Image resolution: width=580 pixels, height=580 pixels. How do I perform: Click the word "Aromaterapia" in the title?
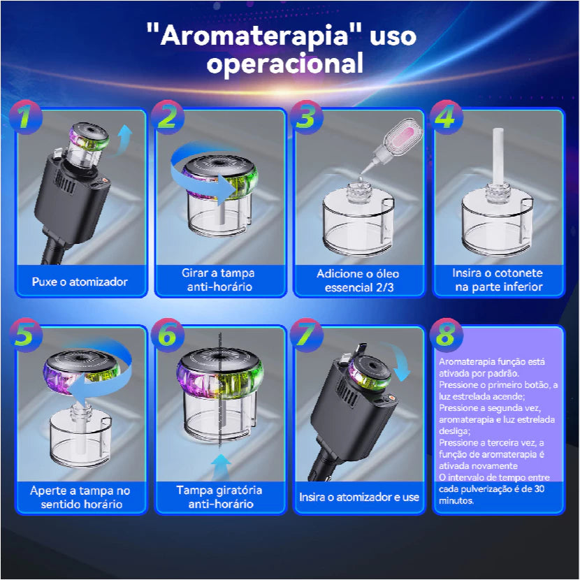tap(254, 36)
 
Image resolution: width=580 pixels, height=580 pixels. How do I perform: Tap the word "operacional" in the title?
tap(285, 64)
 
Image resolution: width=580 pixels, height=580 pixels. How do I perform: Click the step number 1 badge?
tap(26, 117)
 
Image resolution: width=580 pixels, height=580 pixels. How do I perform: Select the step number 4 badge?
tap(446, 117)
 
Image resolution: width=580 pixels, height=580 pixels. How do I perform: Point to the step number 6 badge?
tap(167, 335)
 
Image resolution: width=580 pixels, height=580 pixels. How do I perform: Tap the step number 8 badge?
tap(446, 335)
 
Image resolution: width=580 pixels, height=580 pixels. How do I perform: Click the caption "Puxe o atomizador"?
tap(80, 282)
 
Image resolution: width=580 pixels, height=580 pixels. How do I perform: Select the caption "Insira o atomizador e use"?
tap(359, 497)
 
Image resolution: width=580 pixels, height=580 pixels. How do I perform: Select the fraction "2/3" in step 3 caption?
tap(385, 287)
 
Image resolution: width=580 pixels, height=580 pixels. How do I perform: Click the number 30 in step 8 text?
tap(539, 489)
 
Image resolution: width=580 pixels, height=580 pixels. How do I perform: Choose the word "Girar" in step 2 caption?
tap(195, 273)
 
